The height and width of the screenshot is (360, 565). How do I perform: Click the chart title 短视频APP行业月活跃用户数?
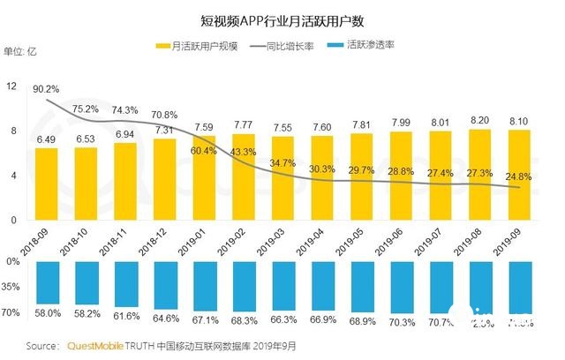[282, 17]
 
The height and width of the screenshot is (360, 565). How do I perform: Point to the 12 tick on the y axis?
[11, 86]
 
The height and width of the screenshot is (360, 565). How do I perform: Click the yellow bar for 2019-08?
[480, 174]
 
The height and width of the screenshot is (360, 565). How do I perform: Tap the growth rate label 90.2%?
[46, 89]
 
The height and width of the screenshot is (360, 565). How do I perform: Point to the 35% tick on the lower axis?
[11, 287]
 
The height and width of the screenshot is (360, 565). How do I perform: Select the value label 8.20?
[480, 119]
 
